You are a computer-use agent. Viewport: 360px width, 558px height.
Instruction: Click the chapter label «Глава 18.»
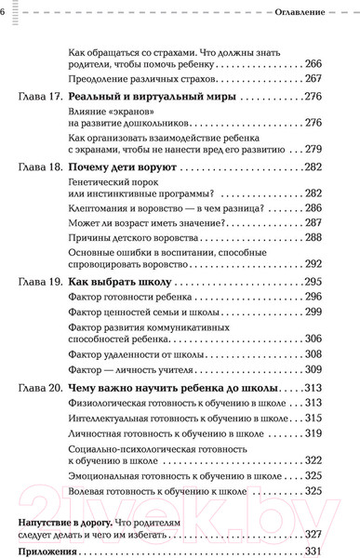tap(40, 166)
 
